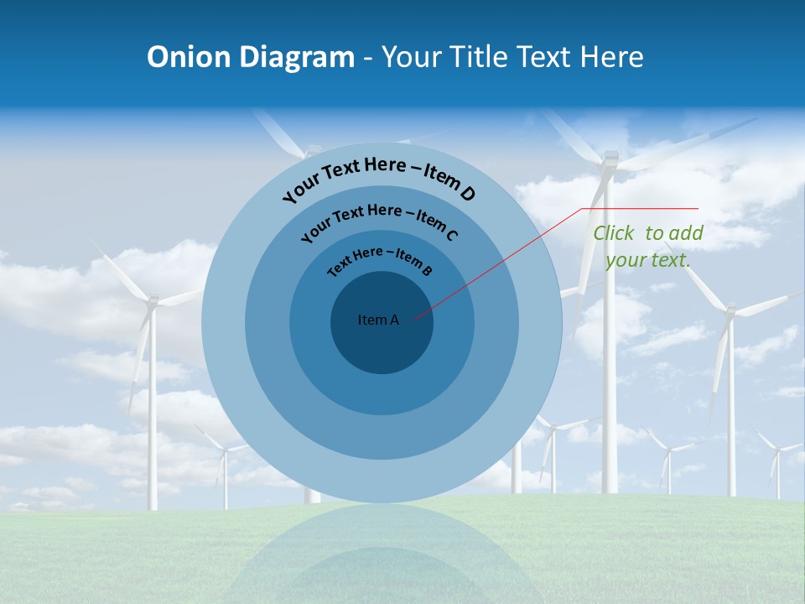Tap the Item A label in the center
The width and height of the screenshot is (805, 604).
[x=378, y=320]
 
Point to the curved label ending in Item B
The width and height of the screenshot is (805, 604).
[x=380, y=260]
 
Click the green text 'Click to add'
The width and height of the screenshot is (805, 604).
[x=648, y=233]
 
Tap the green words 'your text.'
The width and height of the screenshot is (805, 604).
[x=648, y=259]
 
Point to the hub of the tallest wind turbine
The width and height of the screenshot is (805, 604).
[x=610, y=159]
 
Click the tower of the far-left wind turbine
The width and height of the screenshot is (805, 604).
[x=152, y=419]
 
